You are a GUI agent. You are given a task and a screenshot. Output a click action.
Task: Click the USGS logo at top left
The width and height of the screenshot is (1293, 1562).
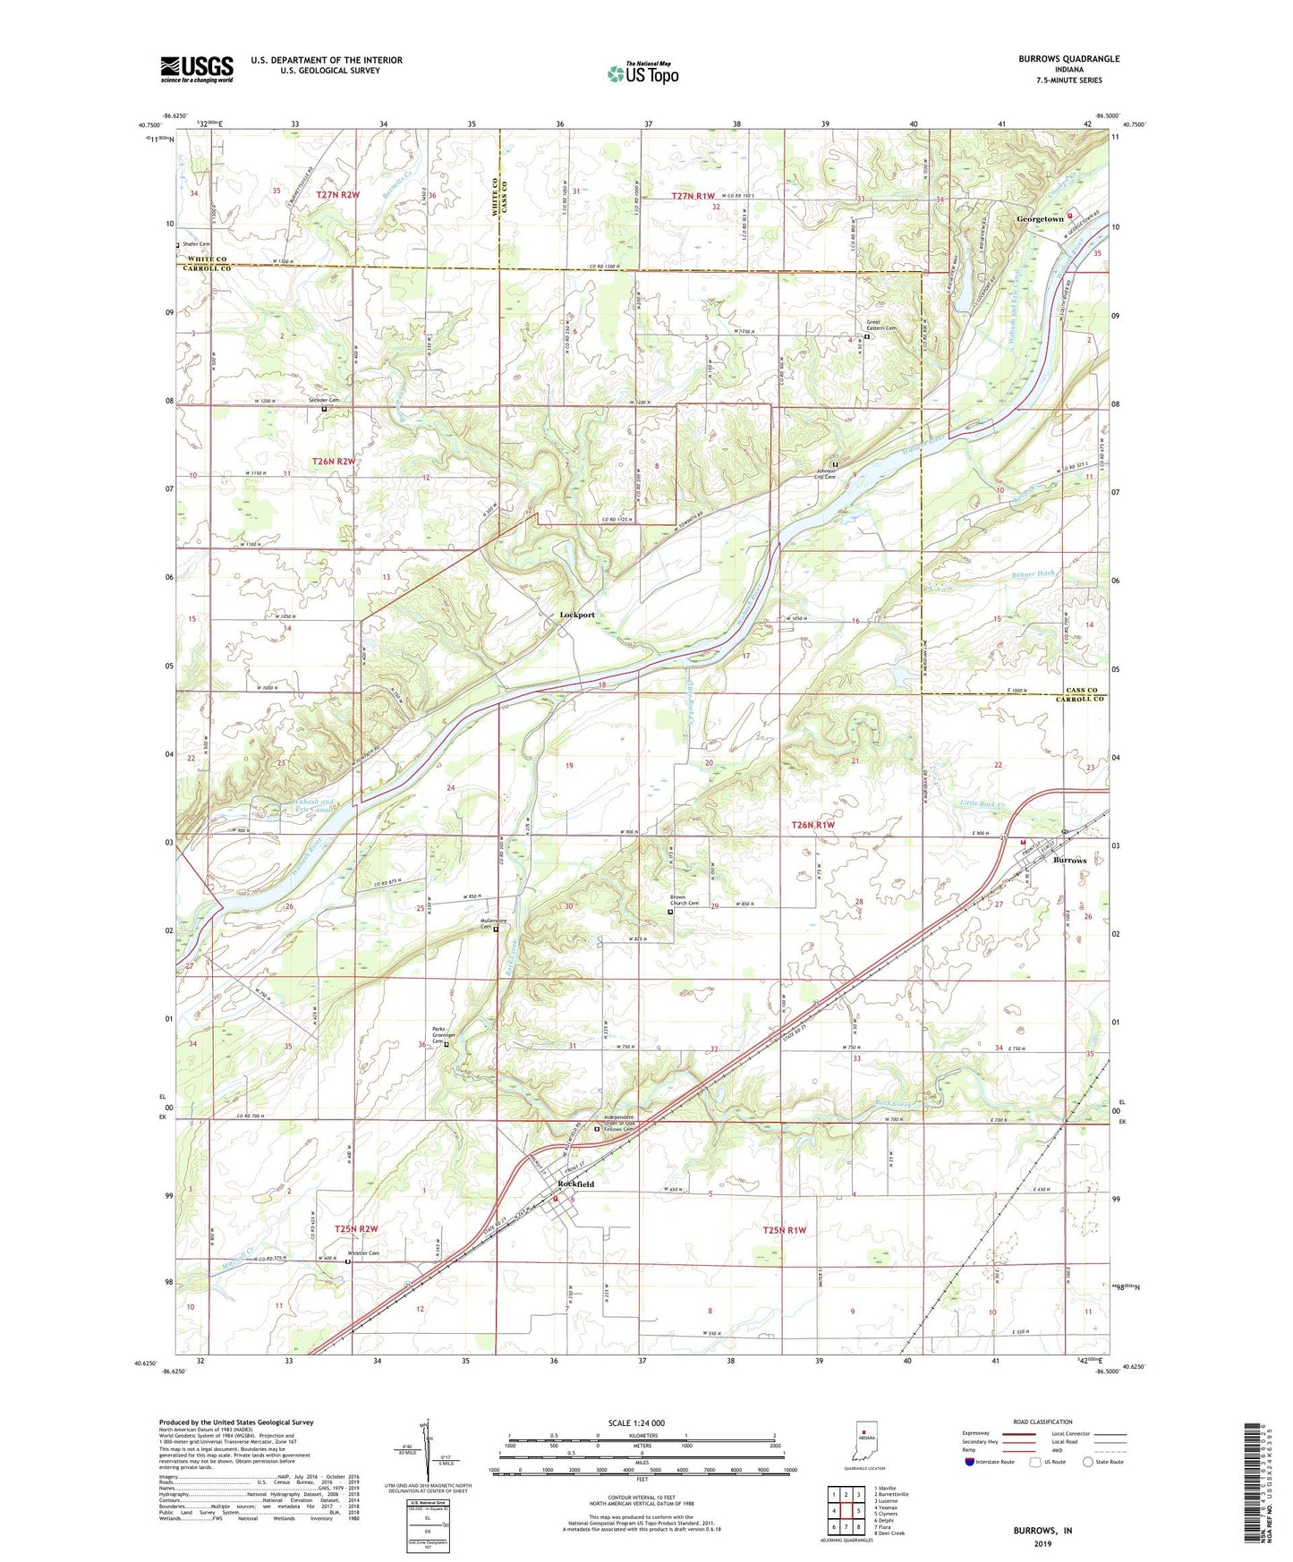[x=196, y=69]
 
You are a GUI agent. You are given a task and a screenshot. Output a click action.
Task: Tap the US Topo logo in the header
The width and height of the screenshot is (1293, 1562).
[x=642, y=73]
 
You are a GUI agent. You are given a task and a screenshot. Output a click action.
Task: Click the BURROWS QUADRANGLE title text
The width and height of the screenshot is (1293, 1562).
[x=1068, y=59]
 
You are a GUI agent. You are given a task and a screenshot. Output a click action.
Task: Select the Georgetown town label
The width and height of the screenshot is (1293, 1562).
[x=1040, y=219]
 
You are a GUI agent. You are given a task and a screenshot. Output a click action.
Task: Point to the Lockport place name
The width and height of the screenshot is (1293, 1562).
[x=577, y=615]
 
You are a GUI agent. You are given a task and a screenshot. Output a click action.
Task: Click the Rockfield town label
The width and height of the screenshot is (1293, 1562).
[x=575, y=1184]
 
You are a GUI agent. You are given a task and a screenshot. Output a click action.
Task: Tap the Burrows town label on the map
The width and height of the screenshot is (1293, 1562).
[x=1069, y=860]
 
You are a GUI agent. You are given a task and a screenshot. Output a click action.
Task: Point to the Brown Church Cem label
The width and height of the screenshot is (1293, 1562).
[x=685, y=901]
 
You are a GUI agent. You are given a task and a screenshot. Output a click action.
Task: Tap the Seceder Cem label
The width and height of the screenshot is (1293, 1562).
[x=324, y=400]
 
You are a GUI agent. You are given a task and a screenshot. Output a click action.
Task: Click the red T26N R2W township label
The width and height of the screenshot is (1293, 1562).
[x=334, y=462]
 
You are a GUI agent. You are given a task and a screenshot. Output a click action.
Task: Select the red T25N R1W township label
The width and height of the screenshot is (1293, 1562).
[x=785, y=1230]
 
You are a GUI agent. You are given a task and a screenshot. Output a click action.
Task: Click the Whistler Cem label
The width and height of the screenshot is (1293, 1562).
[x=363, y=1253]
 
